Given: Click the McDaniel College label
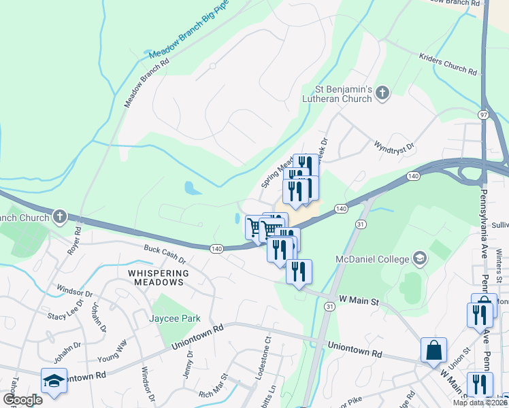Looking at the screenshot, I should pyautogui.click(x=372, y=258).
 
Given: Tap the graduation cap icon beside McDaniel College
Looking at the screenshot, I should pyautogui.click(x=420, y=258).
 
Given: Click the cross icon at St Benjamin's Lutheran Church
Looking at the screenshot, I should pyautogui.click(x=382, y=92).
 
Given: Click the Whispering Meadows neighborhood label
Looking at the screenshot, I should pyautogui.click(x=156, y=277).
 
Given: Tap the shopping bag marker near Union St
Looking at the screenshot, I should pyautogui.click(x=433, y=351).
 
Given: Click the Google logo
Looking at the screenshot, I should pyautogui.click(x=22, y=399).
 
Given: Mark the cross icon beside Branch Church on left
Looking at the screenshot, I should pyautogui.click(x=60, y=218).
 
